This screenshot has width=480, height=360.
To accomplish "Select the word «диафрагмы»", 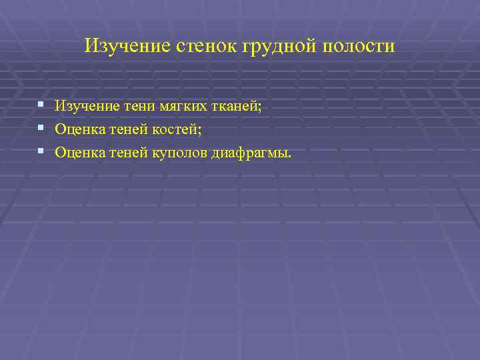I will (249, 153).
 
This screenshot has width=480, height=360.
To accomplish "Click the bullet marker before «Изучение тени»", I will (41, 105).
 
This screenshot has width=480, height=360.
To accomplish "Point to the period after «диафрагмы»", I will (290, 156).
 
